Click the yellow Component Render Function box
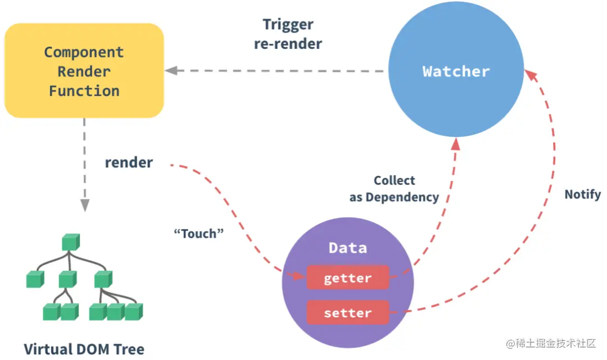(x=84, y=70)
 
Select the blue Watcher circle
(x=456, y=69)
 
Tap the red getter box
(x=348, y=277)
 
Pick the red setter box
(x=348, y=312)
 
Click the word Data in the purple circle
(x=348, y=248)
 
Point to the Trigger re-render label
(x=288, y=34)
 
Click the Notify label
(x=583, y=194)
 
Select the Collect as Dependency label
(x=394, y=189)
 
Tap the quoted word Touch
(x=198, y=234)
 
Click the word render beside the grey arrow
(x=129, y=162)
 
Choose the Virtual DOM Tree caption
(x=84, y=349)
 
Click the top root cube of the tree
(x=71, y=242)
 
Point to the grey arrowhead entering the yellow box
(x=171, y=70)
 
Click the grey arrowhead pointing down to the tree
(x=85, y=206)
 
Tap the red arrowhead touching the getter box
(x=298, y=276)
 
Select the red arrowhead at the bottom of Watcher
(x=456, y=144)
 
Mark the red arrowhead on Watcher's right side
(x=531, y=75)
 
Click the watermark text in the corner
(x=551, y=343)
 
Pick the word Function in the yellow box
(x=84, y=91)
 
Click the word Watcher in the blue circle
(x=456, y=71)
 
